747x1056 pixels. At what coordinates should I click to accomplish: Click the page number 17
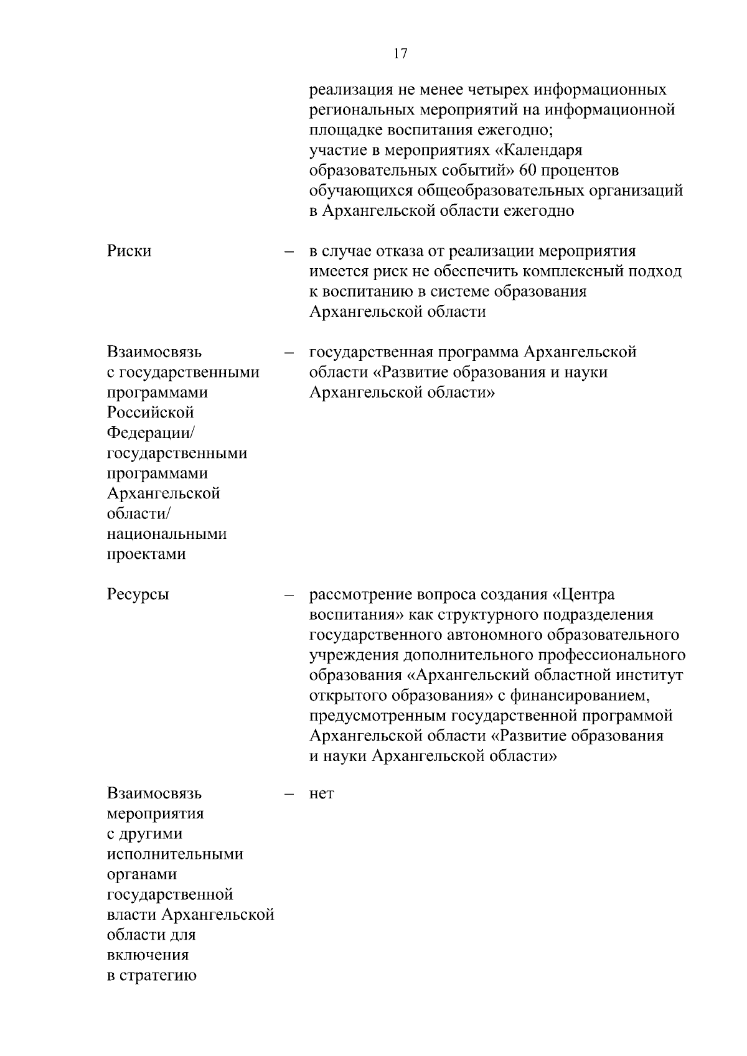tap(400, 54)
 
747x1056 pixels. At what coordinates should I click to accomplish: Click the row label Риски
tap(129, 251)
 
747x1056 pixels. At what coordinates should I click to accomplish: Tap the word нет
tap(321, 795)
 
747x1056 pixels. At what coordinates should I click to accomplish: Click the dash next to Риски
tap(289, 252)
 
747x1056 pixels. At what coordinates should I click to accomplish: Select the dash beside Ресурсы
tap(289, 596)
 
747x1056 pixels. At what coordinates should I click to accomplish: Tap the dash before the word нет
tap(289, 795)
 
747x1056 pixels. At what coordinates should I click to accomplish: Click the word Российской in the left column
tap(151, 413)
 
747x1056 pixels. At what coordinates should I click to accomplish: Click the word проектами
tap(146, 554)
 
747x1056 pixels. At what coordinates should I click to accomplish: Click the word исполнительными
tap(175, 854)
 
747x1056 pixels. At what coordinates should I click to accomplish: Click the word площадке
tap(346, 131)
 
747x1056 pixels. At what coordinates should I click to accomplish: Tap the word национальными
tap(167, 534)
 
